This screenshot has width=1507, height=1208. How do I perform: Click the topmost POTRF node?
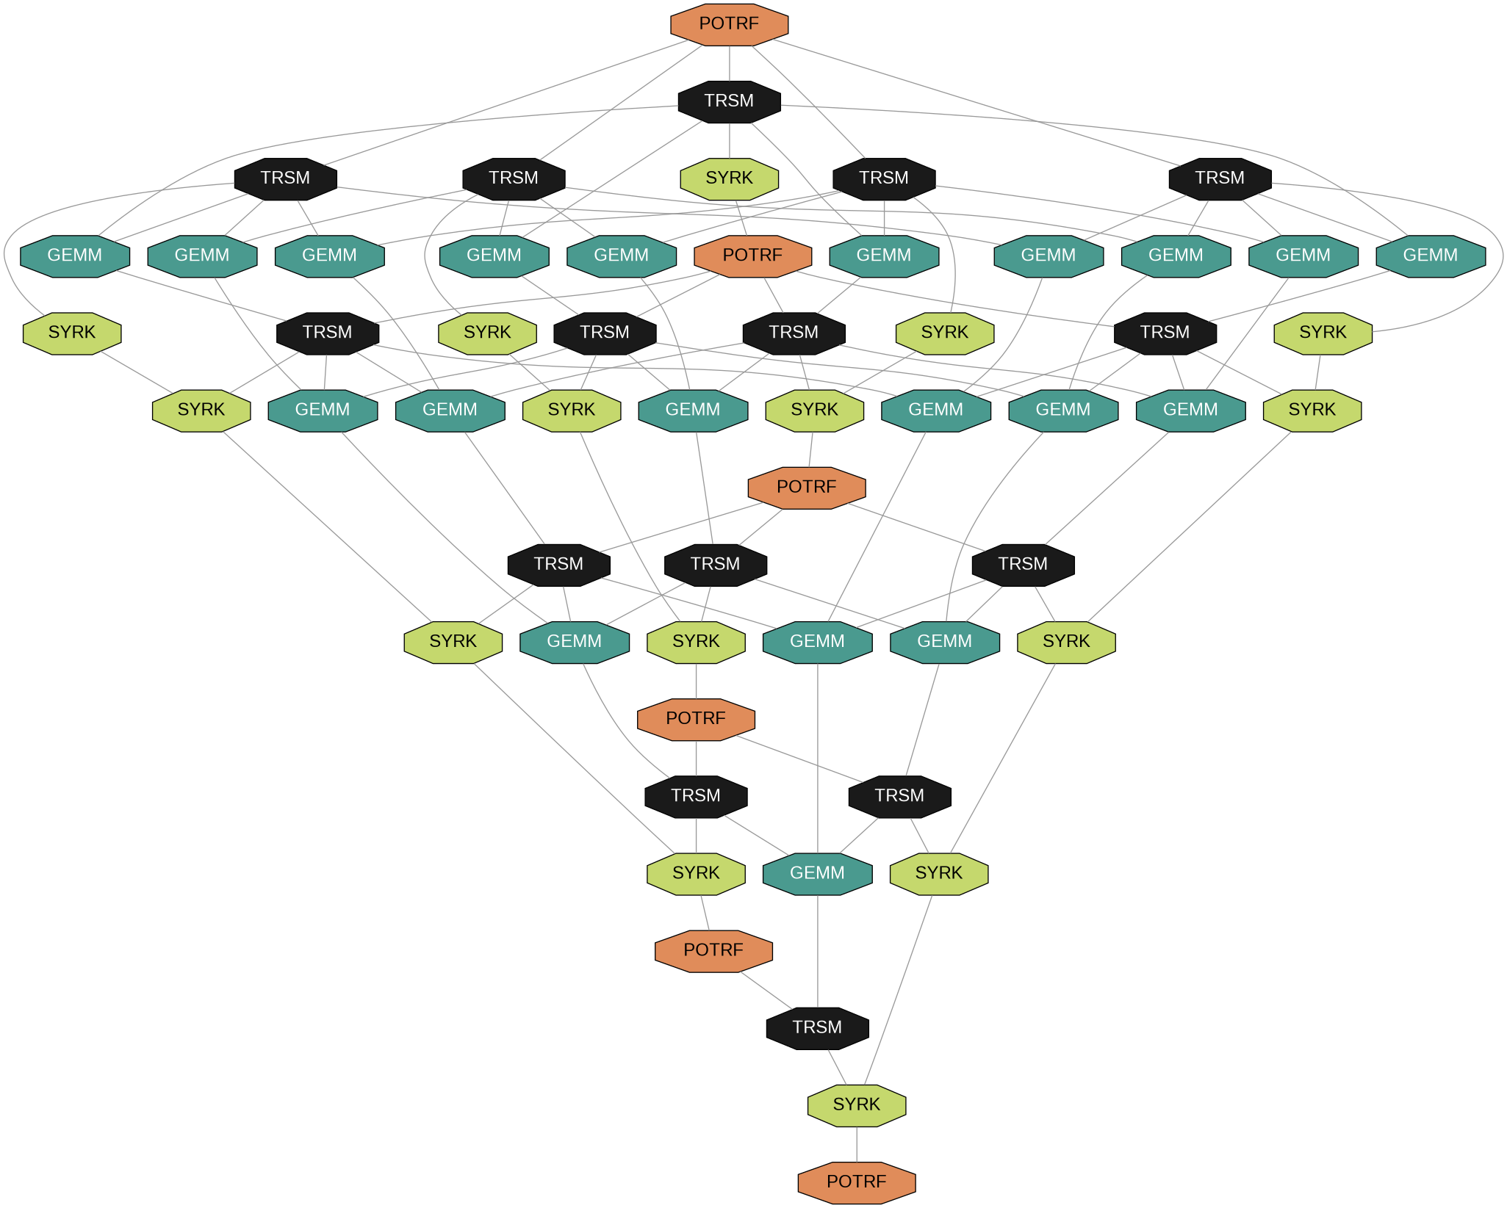click(729, 24)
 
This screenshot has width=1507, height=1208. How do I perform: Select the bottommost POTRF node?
click(856, 1182)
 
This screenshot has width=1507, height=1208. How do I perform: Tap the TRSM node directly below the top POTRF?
click(729, 101)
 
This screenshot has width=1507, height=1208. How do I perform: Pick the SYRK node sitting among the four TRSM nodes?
click(729, 178)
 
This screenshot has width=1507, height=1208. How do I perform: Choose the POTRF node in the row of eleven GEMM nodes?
click(752, 256)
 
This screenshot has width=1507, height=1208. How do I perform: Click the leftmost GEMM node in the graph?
click(75, 256)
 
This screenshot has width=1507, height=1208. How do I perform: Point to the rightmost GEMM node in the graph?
click(1430, 256)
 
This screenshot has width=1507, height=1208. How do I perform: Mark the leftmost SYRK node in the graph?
click(72, 333)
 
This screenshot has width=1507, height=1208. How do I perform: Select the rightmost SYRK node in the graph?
click(1323, 333)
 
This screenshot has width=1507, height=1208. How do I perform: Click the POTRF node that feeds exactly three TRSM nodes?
click(806, 487)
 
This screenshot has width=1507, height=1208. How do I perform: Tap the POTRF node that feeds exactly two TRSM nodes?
click(696, 718)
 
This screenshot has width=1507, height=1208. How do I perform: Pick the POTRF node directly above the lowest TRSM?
click(713, 950)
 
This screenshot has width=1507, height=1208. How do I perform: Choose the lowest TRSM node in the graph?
click(817, 1027)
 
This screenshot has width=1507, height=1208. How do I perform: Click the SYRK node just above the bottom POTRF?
click(856, 1104)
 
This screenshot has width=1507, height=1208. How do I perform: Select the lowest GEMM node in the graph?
click(817, 873)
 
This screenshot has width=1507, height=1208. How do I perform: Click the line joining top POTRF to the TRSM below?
click(729, 63)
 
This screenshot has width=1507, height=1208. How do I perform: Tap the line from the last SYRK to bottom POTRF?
click(856, 1143)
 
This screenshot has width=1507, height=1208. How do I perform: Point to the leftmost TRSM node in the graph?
click(285, 178)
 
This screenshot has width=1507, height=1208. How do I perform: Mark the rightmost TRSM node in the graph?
click(1220, 178)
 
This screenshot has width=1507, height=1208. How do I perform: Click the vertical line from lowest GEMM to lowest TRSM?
click(817, 951)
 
